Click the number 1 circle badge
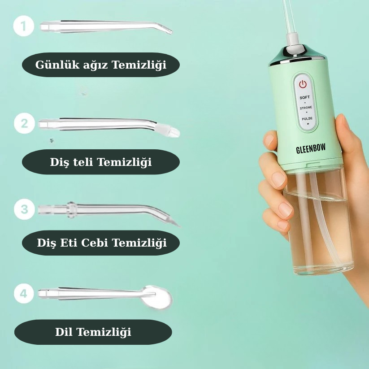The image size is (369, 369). (x=23, y=26)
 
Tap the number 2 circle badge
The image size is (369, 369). (x=25, y=123)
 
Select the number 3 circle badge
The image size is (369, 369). (x=25, y=209)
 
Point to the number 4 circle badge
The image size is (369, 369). (x=24, y=293)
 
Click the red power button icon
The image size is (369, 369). (x=303, y=84)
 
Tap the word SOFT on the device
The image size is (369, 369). (x=304, y=97)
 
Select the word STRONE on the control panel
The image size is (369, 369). (x=306, y=108)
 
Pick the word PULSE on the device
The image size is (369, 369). (x=307, y=118)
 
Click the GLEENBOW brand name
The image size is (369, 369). (x=311, y=148)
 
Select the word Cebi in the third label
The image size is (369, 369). (x=94, y=243)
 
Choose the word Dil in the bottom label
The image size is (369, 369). (x=64, y=332)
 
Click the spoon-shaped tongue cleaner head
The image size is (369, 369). (x=158, y=297)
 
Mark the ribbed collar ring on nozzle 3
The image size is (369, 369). (x=71, y=209)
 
